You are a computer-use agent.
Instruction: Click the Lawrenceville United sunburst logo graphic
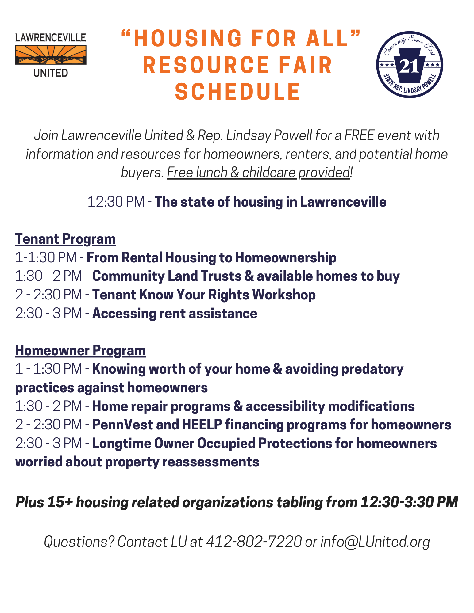tap(51, 55)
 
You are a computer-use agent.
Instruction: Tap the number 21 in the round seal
tap(409, 66)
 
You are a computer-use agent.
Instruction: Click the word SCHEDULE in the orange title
tap(237, 92)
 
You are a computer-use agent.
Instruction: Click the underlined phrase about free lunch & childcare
tap(258, 173)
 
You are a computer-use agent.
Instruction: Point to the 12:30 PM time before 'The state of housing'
tap(116, 202)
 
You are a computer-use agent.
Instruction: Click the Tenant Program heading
tap(65, 239)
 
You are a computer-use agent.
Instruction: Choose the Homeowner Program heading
tap(80, 351)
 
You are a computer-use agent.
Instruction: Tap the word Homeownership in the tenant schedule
tap(286, 258)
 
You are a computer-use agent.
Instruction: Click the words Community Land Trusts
tap(167, 276)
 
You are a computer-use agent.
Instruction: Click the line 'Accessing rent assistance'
tap(175, 314)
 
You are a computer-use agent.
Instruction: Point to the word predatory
tap(372, 369)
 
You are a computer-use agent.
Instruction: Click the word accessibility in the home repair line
tap(285, 406)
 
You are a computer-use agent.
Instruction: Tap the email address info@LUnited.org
tap(375, 542)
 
